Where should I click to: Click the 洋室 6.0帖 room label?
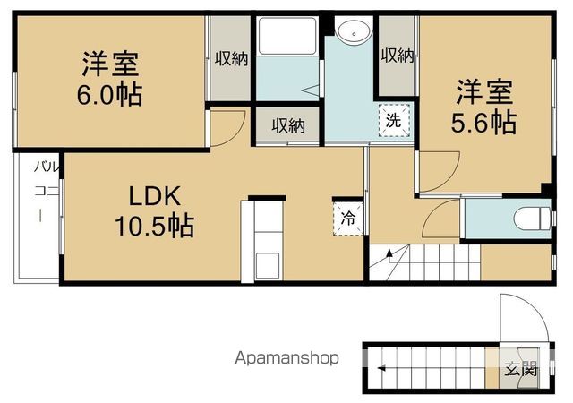[x=112, y=78]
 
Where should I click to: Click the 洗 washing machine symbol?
[x=394, y=118]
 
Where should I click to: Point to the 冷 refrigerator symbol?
[x=348, y=216]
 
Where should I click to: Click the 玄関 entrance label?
[x=520, y=367]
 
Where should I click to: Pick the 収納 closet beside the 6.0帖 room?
[x=230, y=59]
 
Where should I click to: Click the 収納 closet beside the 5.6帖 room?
[x=397, y=56]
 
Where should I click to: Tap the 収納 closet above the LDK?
[x=288, y=125]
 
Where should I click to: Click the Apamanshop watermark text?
[x=287, y=358]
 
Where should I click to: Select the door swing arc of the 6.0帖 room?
[x=228, y=126]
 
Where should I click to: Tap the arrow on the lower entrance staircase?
[x=383, y=367]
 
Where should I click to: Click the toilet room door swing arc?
[x=440, y=219]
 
